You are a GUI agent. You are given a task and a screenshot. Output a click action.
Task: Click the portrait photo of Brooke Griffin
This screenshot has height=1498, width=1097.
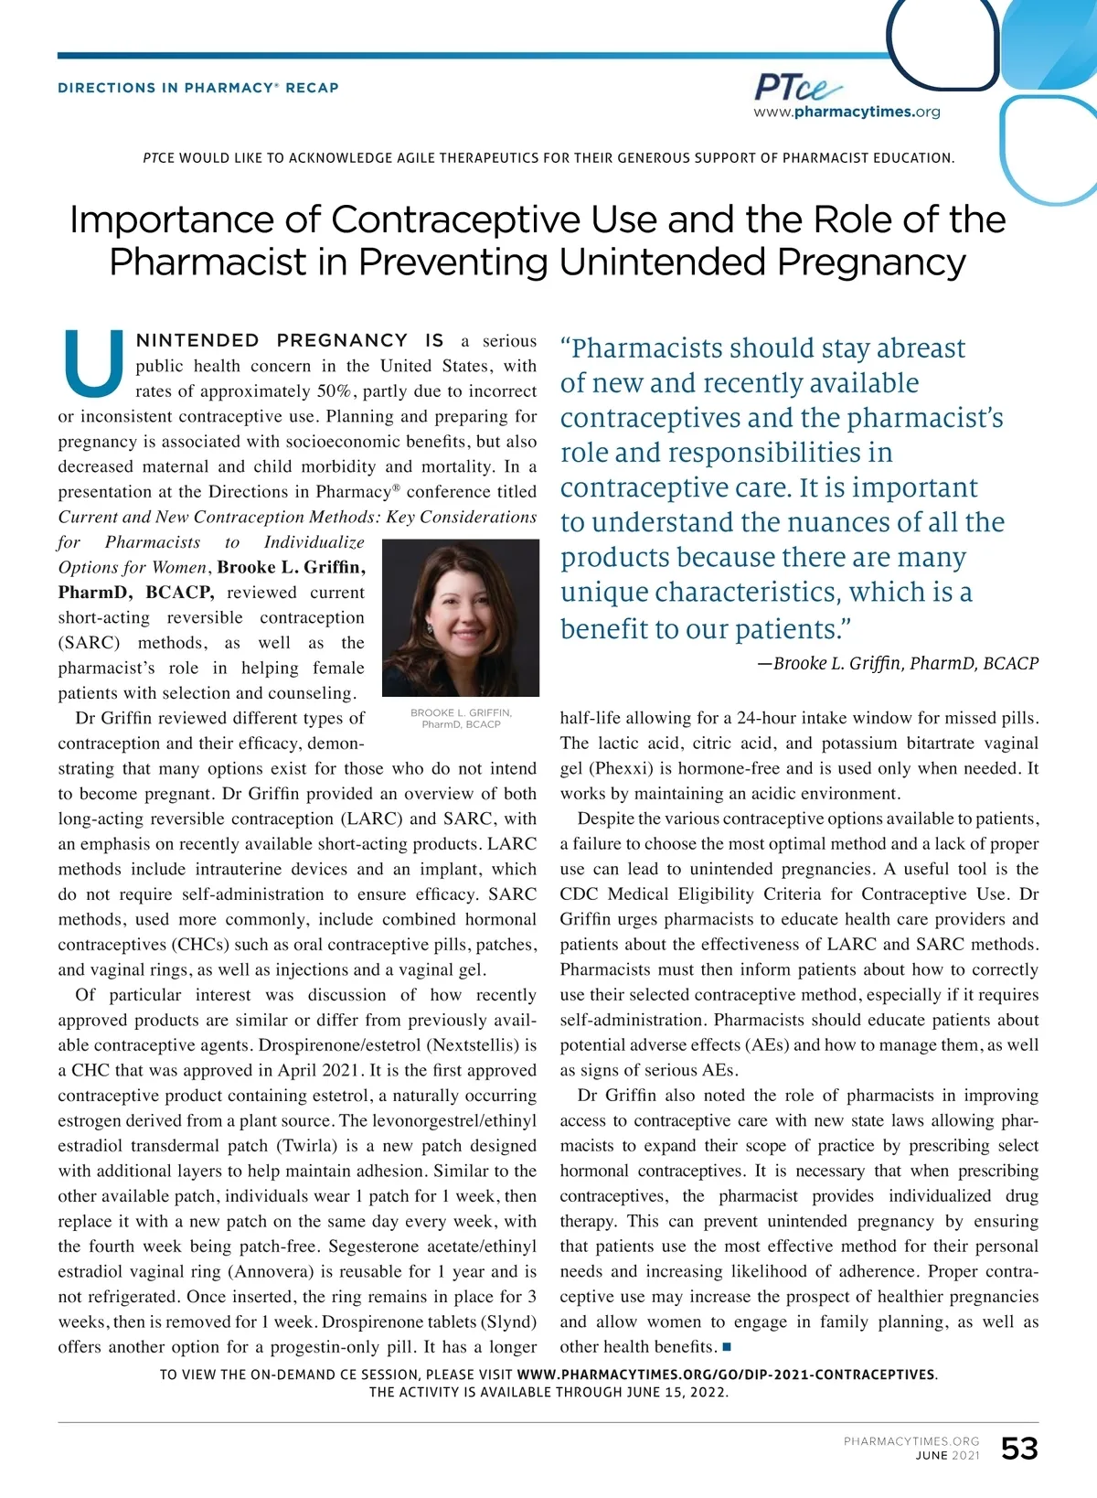(460, 617)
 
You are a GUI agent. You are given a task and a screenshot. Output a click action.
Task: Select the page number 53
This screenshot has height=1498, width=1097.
(1019, 1449)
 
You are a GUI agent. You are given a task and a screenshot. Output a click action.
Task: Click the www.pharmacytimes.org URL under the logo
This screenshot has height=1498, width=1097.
(847, 112)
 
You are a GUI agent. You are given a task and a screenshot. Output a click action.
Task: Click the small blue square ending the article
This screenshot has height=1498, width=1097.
(727, 1347)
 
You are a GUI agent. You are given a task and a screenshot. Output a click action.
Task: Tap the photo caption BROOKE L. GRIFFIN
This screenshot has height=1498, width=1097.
(461, 712)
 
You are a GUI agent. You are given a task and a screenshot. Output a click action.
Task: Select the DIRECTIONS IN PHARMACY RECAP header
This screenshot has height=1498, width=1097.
(198, 88)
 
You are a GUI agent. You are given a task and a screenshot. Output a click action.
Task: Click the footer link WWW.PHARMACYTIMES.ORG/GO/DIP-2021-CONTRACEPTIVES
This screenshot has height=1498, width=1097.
(727, 1375)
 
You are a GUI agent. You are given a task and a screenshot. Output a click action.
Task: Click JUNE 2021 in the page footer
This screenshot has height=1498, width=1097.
(947, 1455)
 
